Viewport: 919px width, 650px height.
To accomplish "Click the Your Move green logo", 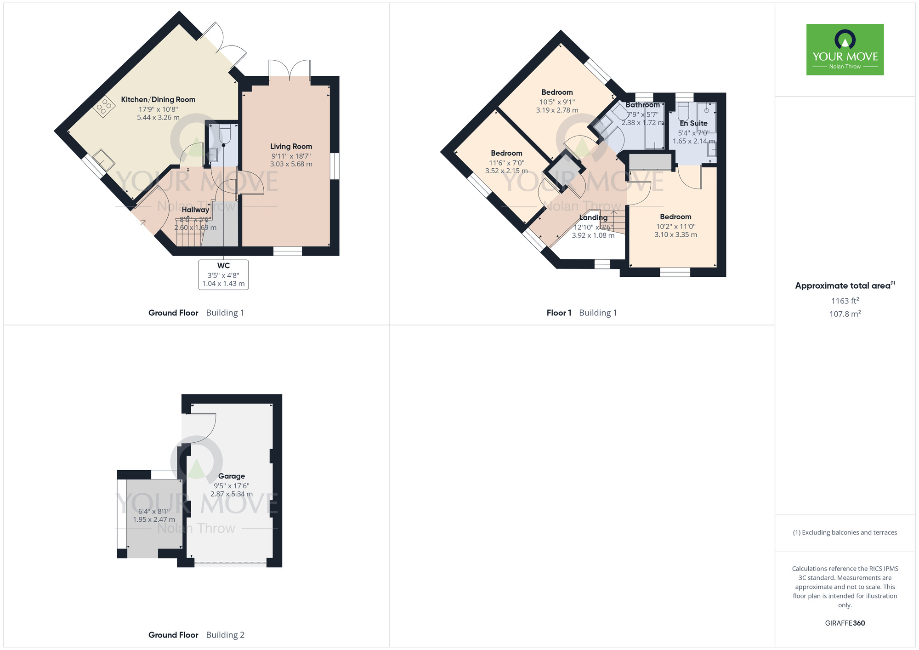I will click(845, 50).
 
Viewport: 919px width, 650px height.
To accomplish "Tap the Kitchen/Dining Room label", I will click(158, 99).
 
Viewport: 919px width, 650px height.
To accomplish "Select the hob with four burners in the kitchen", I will click(104, 107).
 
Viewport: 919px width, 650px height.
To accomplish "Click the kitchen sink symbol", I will click(104, 160).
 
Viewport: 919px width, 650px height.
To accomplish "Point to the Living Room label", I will click(291, 146).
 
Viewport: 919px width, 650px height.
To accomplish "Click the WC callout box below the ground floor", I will click(223, 274).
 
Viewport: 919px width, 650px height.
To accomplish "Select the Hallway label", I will click(195, 210).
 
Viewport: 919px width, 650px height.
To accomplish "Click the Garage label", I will click(231, 476).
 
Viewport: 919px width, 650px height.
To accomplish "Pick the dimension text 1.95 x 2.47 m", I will click(154, 519).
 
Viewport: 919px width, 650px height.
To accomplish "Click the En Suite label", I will click(693, 123).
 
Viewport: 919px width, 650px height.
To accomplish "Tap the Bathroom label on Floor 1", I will click(642, 105).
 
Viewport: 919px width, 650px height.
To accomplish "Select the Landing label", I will click(593, 217).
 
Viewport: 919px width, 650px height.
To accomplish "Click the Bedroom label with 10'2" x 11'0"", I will click(675, 217).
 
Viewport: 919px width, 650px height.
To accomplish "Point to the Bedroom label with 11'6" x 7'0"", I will click(506, 153).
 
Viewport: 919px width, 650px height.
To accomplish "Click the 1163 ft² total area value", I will click(845, 301).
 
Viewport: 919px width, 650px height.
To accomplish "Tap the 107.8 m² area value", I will click(845, 314).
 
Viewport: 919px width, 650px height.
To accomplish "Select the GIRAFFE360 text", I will click(845, 623).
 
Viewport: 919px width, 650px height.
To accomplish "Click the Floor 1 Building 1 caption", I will click(581, 313).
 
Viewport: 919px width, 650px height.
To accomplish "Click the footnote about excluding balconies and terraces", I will click(845, 532).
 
